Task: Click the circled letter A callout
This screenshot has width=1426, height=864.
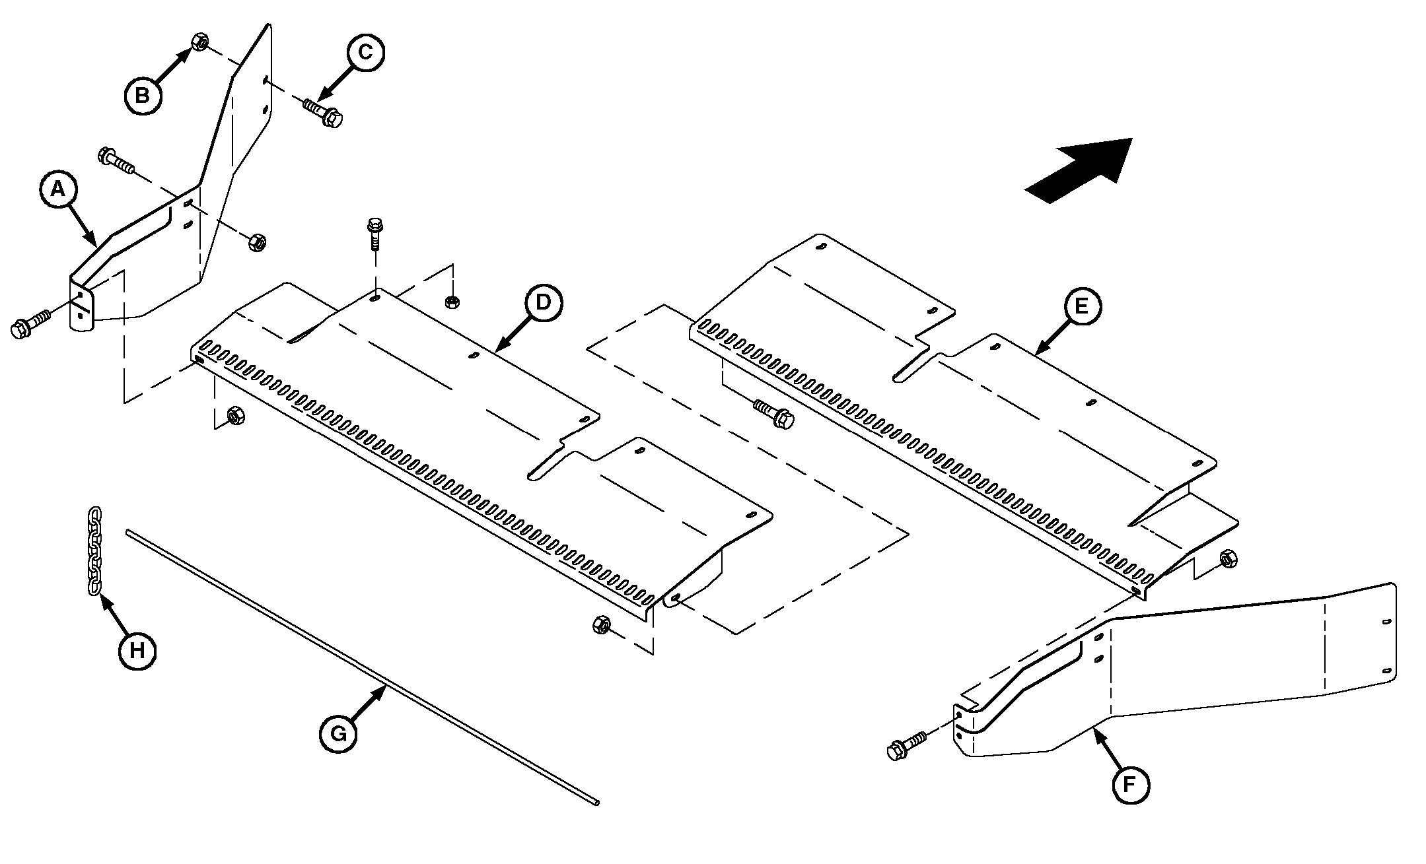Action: (59, 190)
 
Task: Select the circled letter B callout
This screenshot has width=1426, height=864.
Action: (142, 96)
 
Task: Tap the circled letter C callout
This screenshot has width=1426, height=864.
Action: (365, 52)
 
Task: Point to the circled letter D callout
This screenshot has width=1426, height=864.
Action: (543, 302)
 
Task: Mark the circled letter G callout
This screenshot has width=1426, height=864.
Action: (338, 733)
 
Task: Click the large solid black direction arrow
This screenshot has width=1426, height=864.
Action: (1079, 170)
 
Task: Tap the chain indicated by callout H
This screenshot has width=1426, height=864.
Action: (94, 551)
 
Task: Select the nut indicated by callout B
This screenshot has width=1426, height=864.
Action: (199, 42)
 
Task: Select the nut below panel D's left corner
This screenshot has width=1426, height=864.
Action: (234, 416)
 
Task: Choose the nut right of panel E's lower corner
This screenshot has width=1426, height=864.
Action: (1228, 558)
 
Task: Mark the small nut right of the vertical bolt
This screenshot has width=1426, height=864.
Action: (452, 302)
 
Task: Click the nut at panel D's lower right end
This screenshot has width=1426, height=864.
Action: (602, 624)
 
